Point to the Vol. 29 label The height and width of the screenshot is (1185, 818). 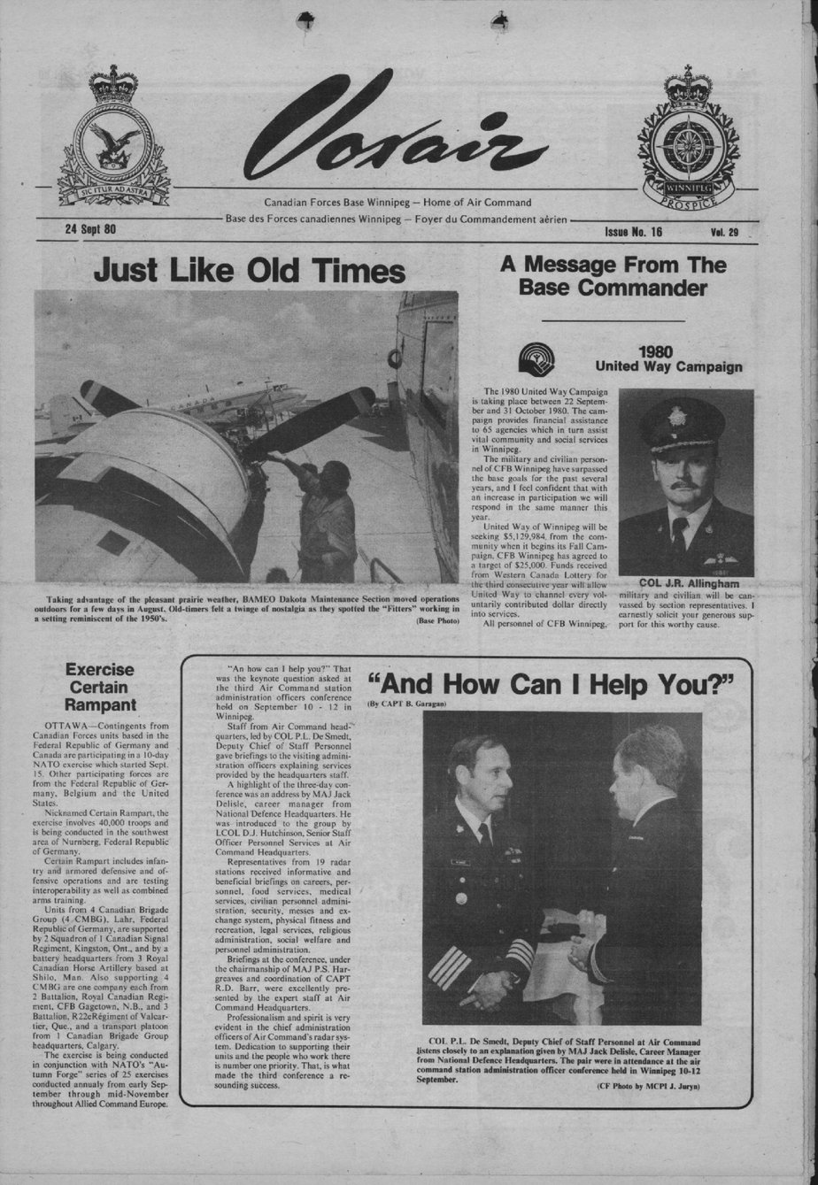(x=723, y=233)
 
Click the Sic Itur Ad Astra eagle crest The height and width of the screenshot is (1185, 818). (x=113, y=137)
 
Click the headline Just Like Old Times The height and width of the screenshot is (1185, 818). (x=249, y=270)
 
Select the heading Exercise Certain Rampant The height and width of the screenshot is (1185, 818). (x=99, y=687)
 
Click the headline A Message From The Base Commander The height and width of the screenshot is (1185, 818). (x=613, y=276)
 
